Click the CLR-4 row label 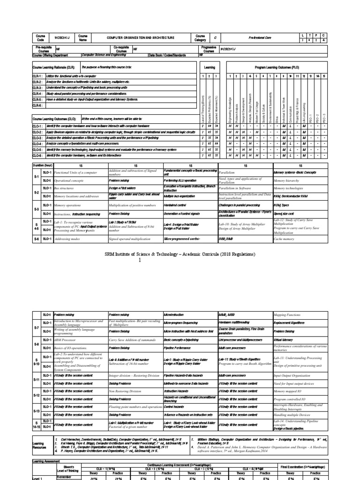(x=39, y=93)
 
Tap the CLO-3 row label (x=39, y=138)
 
